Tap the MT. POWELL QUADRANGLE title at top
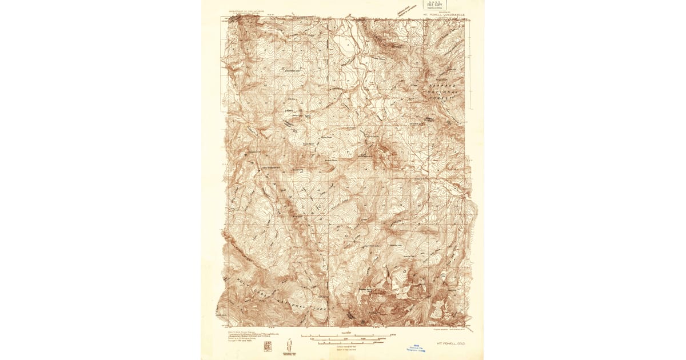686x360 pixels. point(445,15)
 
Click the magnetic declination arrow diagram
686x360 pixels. point(289,345)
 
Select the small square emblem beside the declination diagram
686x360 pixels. point(268,346)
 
